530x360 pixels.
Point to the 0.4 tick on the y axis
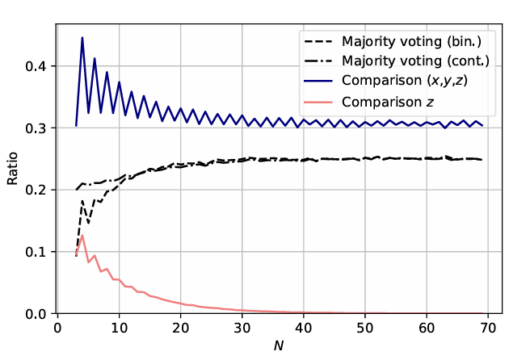[x=36, y=66]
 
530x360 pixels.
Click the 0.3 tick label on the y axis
[x=36, y=128]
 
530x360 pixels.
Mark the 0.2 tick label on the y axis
[x=36, y=190]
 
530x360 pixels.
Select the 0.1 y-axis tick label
[x=36, y=252]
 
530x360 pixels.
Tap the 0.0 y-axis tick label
[x=36, y=313]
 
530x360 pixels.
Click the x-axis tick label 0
[x=57, y=328]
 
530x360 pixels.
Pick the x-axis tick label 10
[x=119, y=328]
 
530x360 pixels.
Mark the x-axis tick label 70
[x=488, y=328]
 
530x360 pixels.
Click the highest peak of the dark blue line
[x=82, y=38]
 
